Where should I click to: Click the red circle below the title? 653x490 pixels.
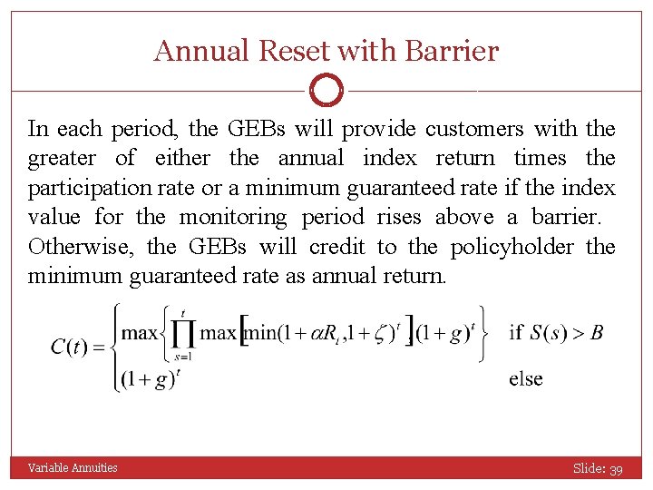326,91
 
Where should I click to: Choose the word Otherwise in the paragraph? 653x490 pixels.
82,247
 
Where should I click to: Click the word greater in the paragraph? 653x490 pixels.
62,159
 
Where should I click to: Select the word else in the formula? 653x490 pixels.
526,378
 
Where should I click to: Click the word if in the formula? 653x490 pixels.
516,331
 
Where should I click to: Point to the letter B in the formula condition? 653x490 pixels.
597,331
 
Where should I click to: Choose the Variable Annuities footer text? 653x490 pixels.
73,468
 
